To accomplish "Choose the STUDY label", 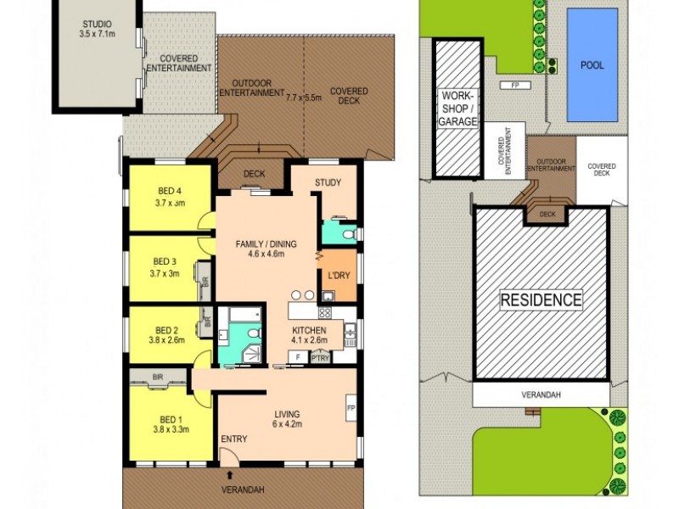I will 328,182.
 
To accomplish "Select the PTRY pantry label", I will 320,359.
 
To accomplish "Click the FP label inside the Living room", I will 351,409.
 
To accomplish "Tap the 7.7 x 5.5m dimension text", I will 304,98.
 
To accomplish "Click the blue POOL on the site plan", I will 592,64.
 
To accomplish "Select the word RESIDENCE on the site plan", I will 541,299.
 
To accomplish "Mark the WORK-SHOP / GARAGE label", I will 457,109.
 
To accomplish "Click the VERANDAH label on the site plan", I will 541,394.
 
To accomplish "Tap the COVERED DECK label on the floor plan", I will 349,97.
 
